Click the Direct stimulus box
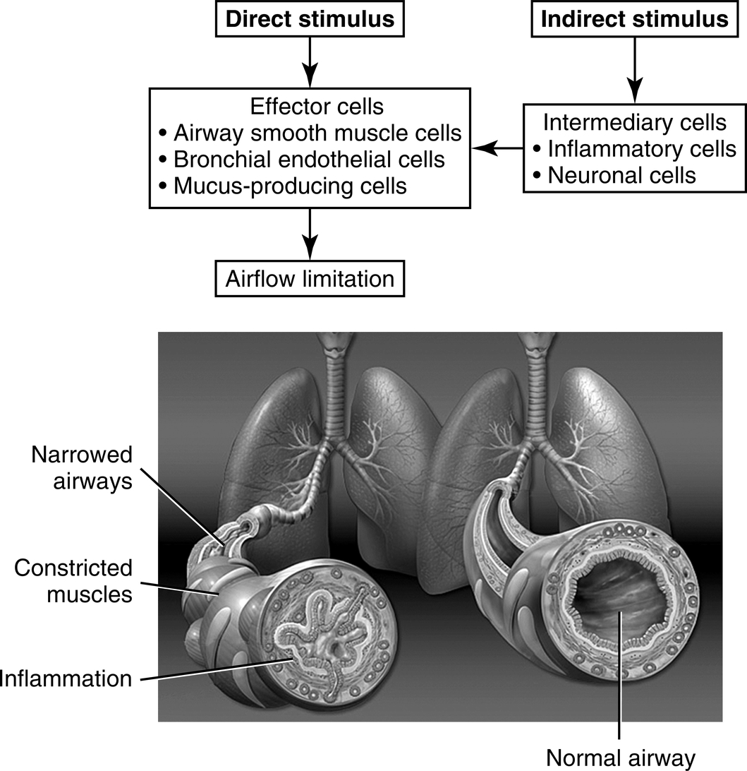pyautogui.click(x=310, y=19)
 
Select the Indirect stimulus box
pyautogui.click(x=634, y=19)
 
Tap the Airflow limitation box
pyautogui.click(x=310, y=278)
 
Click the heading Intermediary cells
pyautogui.click(x=635, y=122)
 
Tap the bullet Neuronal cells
pyautogui.click(x=621, y=174)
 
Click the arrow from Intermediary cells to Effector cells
pyautogui.click(x=497, y=148)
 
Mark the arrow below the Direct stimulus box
pyautogui.click(x=310, y=62)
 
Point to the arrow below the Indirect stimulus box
pyautogui.click(x=635, y=70)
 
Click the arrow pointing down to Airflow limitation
pyautogui.click(x=310, y=236)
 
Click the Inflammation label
pyautogui.click(x=66, y=679)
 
